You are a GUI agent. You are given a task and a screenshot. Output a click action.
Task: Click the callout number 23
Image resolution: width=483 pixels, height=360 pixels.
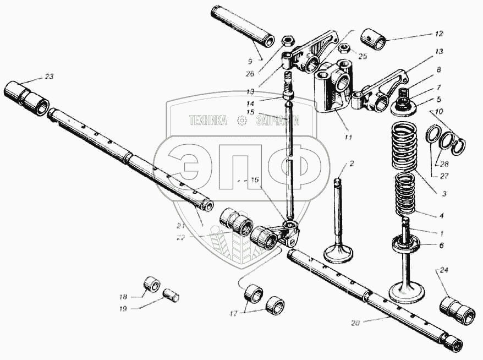click(x=49, y=77)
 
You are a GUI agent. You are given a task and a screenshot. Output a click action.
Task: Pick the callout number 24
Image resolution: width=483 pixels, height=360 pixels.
click(x=444, y=270)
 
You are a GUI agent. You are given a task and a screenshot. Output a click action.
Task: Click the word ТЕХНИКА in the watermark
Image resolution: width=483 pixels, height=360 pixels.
click(x=208, y=121)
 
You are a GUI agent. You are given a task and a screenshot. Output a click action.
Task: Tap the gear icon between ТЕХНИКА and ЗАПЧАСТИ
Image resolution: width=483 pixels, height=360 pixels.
click(x=241, y=121)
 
